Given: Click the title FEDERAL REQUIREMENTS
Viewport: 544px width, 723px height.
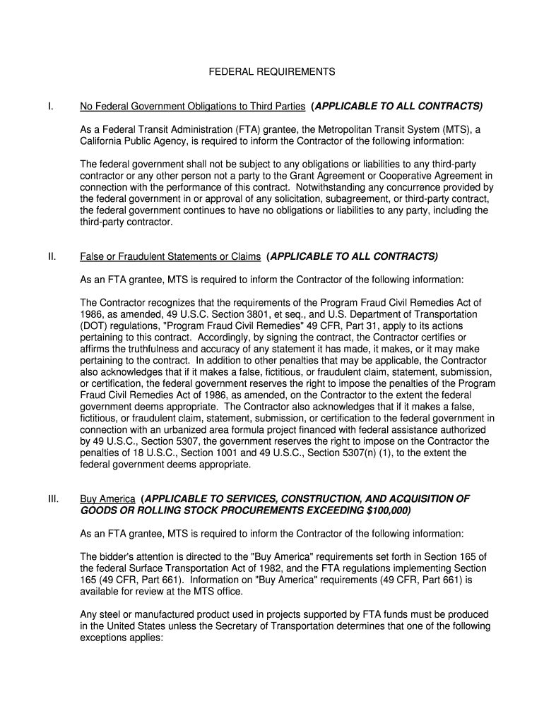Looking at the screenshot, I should point(271,72).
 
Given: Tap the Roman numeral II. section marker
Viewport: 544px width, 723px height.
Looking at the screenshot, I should point(52,256).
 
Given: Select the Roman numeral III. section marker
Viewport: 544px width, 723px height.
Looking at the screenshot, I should point(53,498).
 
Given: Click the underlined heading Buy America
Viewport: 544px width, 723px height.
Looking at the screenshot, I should point(107,498).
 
